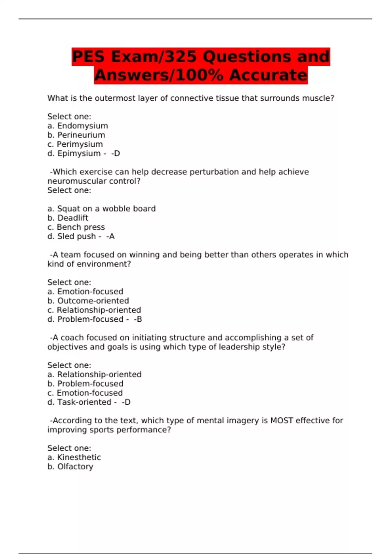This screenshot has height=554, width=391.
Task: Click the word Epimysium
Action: coord(79,153)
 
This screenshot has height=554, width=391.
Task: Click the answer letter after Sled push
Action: coord(112,237)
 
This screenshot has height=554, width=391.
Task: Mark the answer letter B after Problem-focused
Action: coord(139,319)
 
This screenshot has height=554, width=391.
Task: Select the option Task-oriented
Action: coord(84,402)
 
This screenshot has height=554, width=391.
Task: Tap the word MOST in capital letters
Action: coord(282,420)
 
